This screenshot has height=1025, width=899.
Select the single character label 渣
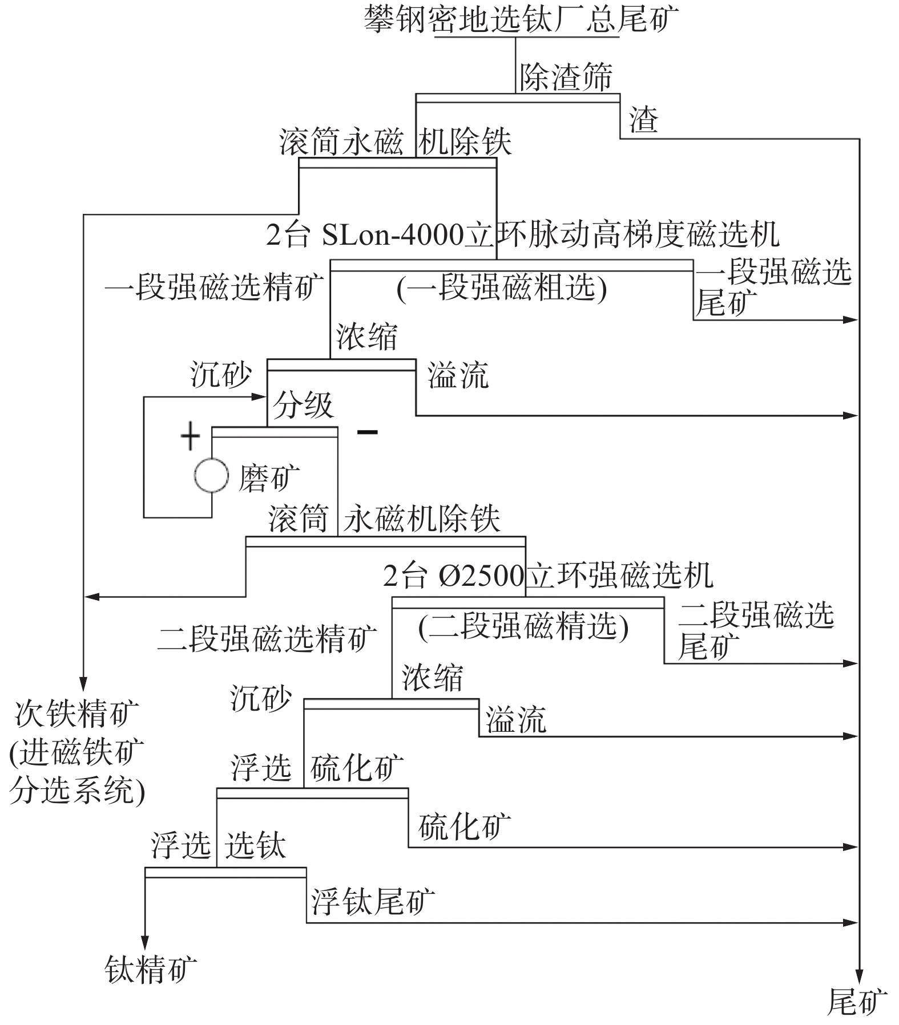click(643, 120)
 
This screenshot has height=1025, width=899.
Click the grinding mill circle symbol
click(211, 476)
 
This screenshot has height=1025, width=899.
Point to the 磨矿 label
click(269, 477)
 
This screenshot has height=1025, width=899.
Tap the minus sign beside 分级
click(367, 432)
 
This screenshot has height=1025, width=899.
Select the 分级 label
click(303, 406)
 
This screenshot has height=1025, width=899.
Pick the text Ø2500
click(481, 577)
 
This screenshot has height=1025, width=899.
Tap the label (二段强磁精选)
click(523, 627)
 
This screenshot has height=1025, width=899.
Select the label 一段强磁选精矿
click(214, 286)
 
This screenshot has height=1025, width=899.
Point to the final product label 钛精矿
click(151, 969)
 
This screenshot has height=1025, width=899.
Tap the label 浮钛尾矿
click(373, 902)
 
